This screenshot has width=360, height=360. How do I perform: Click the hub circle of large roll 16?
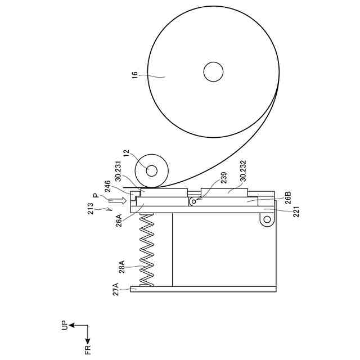213,71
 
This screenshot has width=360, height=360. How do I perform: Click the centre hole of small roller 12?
151,170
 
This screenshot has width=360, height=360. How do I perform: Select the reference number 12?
127,154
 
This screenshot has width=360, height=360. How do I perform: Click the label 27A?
115,290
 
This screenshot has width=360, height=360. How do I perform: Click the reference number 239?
223,178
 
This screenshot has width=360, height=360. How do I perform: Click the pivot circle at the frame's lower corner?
265,222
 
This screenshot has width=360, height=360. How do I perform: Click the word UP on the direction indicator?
65,326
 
